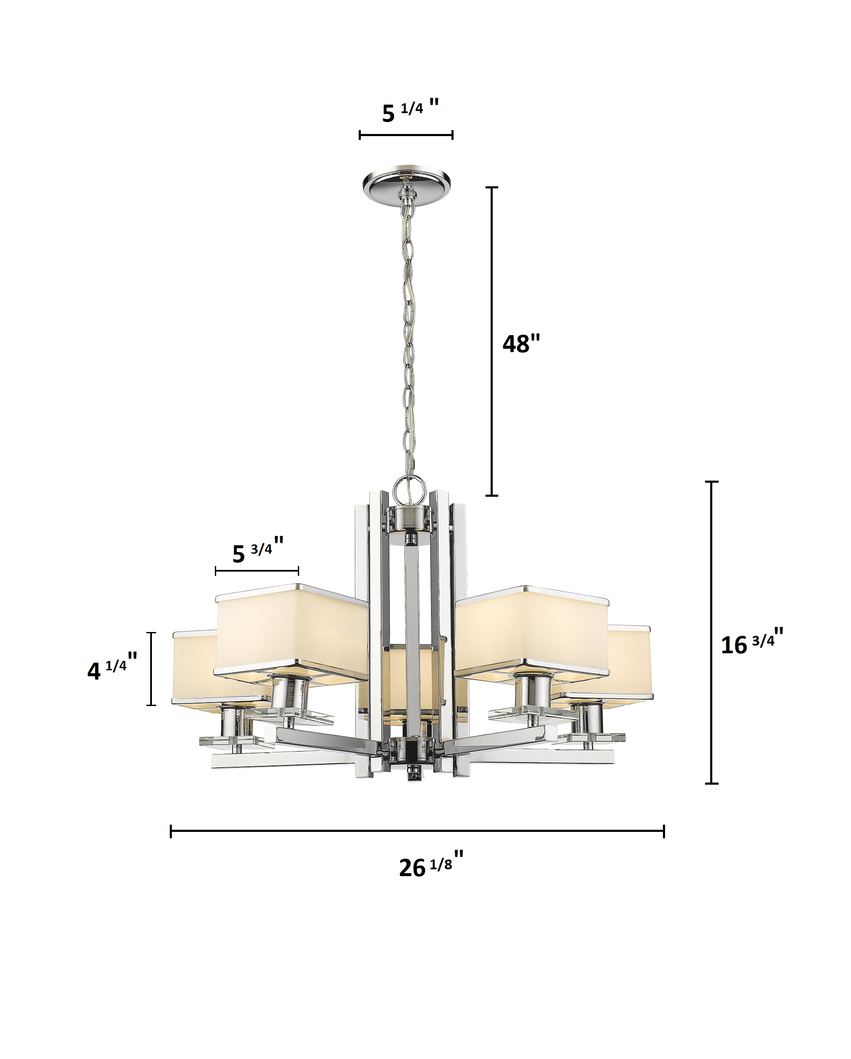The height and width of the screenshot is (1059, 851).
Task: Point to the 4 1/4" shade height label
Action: pos(112,668)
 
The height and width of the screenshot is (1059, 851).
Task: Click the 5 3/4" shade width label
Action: pos(258,551)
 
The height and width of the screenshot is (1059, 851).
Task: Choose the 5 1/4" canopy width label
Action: pos(410,111)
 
